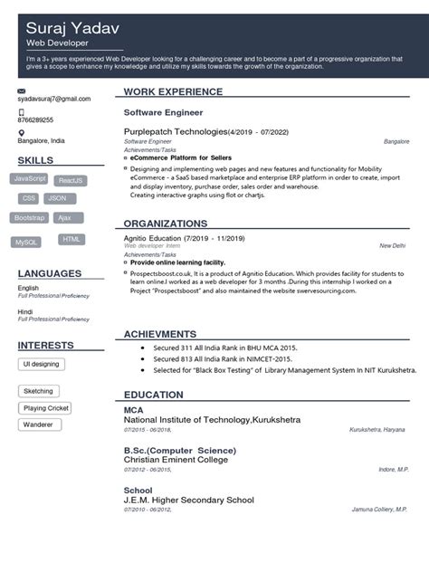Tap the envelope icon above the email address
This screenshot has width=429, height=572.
coord(22,91)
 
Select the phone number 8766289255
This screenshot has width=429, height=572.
coord(35,119)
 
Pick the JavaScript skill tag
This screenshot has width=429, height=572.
coord(31,178)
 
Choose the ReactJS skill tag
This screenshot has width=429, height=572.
coord(71,180)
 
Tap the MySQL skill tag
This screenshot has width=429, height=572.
coord(26,242)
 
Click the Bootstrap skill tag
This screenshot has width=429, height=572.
coord(30,217)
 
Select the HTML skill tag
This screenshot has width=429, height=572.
coord(71,239)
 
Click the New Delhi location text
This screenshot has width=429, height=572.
coord(392,245)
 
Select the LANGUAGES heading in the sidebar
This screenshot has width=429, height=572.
coord(50,272)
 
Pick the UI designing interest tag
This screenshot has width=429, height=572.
coord(42,363)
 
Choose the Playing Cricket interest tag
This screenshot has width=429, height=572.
coord(46,408)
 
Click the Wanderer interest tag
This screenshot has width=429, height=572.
coord(38,424)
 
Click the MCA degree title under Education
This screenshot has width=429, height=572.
coord(133,410)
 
